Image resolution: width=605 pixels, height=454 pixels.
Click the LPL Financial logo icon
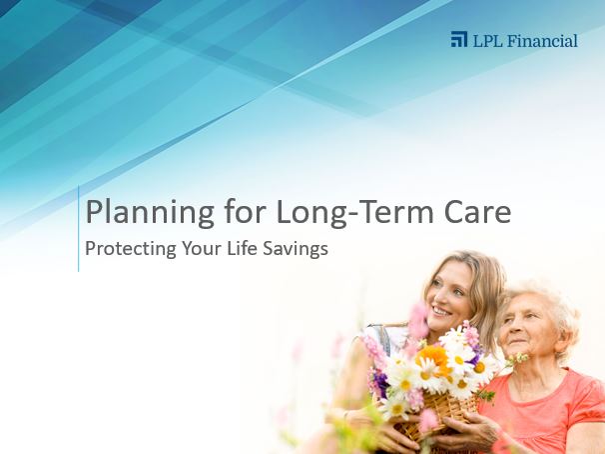(459, 39)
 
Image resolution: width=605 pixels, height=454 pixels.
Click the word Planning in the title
(150, 213)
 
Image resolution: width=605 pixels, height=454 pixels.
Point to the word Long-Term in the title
(355, 213)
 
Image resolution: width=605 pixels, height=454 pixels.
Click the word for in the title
(245, 211)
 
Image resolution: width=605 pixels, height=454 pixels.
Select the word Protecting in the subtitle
(131, 248)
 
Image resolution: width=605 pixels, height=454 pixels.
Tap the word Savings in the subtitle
(296, 249)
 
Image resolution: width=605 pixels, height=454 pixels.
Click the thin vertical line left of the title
(78, 229)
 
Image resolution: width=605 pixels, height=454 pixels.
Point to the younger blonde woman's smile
(440, 310)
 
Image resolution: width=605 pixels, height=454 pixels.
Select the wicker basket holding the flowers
(436, 415)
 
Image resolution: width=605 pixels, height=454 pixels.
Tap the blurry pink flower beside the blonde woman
(418, 320)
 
